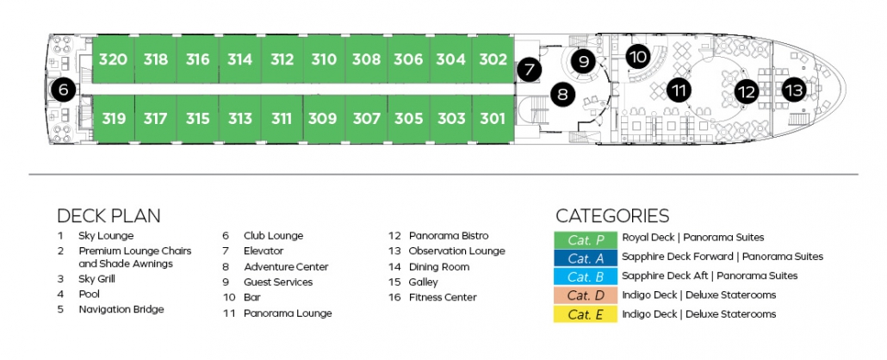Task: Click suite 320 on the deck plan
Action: (113, 59)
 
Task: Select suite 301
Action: (493, 119)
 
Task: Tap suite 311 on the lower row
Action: (282, 119)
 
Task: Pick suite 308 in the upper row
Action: (367, 59)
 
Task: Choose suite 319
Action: (113, 119)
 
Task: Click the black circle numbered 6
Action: (64, 90)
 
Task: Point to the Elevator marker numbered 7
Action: (530, 70)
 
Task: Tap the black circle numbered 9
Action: (584, 60)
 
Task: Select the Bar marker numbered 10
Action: (639, 57)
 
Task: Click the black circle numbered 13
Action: (795, 90)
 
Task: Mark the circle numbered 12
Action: (747, 91)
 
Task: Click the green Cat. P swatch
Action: (585, 239)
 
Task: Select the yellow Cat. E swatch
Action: (585, 314)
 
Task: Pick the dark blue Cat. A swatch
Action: (585, 258)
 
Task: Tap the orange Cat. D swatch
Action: (585, 295)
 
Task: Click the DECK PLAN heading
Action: (109, 215)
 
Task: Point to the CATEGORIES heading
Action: (612, 215)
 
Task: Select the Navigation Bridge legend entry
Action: (121, 309)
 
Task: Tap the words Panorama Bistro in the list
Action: (449, 235)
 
